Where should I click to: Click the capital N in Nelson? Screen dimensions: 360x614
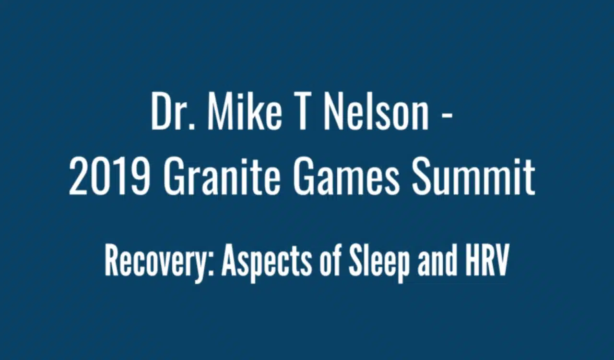[333, 113]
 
